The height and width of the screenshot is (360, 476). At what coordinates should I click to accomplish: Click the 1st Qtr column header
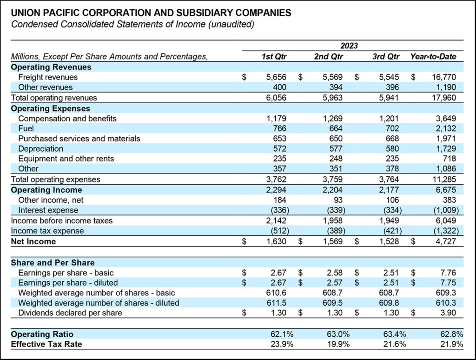tap(274, 57)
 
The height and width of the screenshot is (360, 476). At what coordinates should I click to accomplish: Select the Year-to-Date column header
tap(433, 57)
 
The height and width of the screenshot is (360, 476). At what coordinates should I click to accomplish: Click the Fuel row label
tap(26, 128)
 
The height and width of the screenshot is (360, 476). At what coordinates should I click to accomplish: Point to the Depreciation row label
tap(41, 148)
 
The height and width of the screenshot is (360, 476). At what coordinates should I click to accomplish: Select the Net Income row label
tap(33, 241)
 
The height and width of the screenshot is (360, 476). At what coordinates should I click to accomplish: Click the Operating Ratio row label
tap(42, 334)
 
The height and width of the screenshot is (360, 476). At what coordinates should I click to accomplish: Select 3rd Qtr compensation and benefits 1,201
tap(389, 118)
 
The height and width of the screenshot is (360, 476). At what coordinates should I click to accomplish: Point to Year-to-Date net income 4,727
tap(446, 241)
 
